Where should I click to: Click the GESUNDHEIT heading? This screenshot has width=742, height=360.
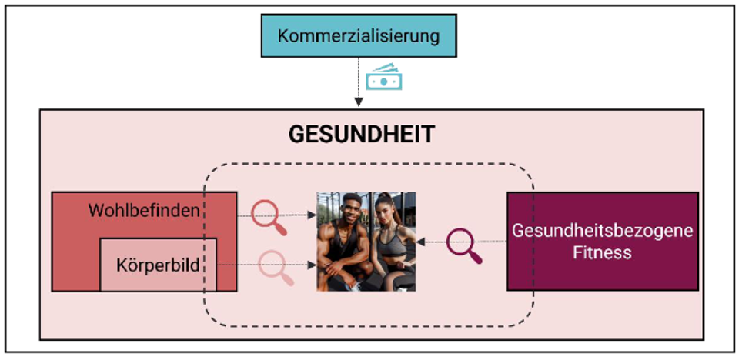coord(361,134)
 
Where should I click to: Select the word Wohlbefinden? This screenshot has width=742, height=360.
coord(145,210)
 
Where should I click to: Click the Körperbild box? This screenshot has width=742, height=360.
coord(158,264)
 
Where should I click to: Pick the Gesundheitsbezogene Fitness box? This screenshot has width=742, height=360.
coord(602,241)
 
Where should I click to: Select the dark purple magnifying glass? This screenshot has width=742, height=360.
coord(465,245)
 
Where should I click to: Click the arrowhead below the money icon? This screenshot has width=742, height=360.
coord(358,102)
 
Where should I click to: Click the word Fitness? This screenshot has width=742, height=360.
coord(602,252)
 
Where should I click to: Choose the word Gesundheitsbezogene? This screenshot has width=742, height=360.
coord(603,231)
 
